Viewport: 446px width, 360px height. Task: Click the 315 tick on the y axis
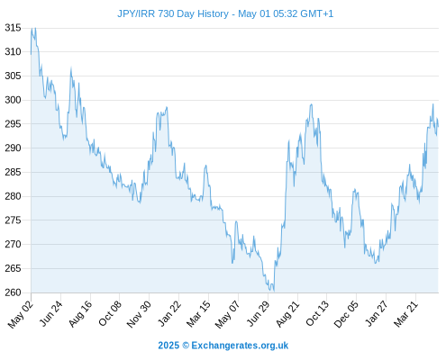[x=13, y=28]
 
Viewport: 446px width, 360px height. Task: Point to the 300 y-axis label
[x=13, y=100]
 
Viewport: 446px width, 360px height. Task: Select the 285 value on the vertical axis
[x=13, y=172]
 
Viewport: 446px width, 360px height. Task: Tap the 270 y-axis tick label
[x=13, y=244]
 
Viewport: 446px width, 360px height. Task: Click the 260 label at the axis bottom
[x=13, y=292]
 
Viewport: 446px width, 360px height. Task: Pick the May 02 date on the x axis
[x=21, y=314]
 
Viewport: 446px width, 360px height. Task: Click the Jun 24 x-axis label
[x=51, y=313]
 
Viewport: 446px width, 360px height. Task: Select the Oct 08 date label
[x=110, y=313]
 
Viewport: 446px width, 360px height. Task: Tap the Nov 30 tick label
[x=139, y=314]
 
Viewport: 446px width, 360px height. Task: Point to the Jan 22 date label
[x=169, y=313]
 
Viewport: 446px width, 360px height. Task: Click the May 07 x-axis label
[x=228, y=314]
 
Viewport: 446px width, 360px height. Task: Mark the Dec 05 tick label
[x=346, y=314]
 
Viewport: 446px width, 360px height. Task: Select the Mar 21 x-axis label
[x=406, y=313]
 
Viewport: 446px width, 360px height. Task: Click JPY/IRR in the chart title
[x=136, y=13]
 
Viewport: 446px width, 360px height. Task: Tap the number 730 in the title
[x=166, y=13]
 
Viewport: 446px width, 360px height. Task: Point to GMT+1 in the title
[x=316, y=13]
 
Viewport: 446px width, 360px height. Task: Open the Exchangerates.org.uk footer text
[x=240, y=346]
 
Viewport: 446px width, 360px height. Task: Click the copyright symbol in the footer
[x=186, y=346]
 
